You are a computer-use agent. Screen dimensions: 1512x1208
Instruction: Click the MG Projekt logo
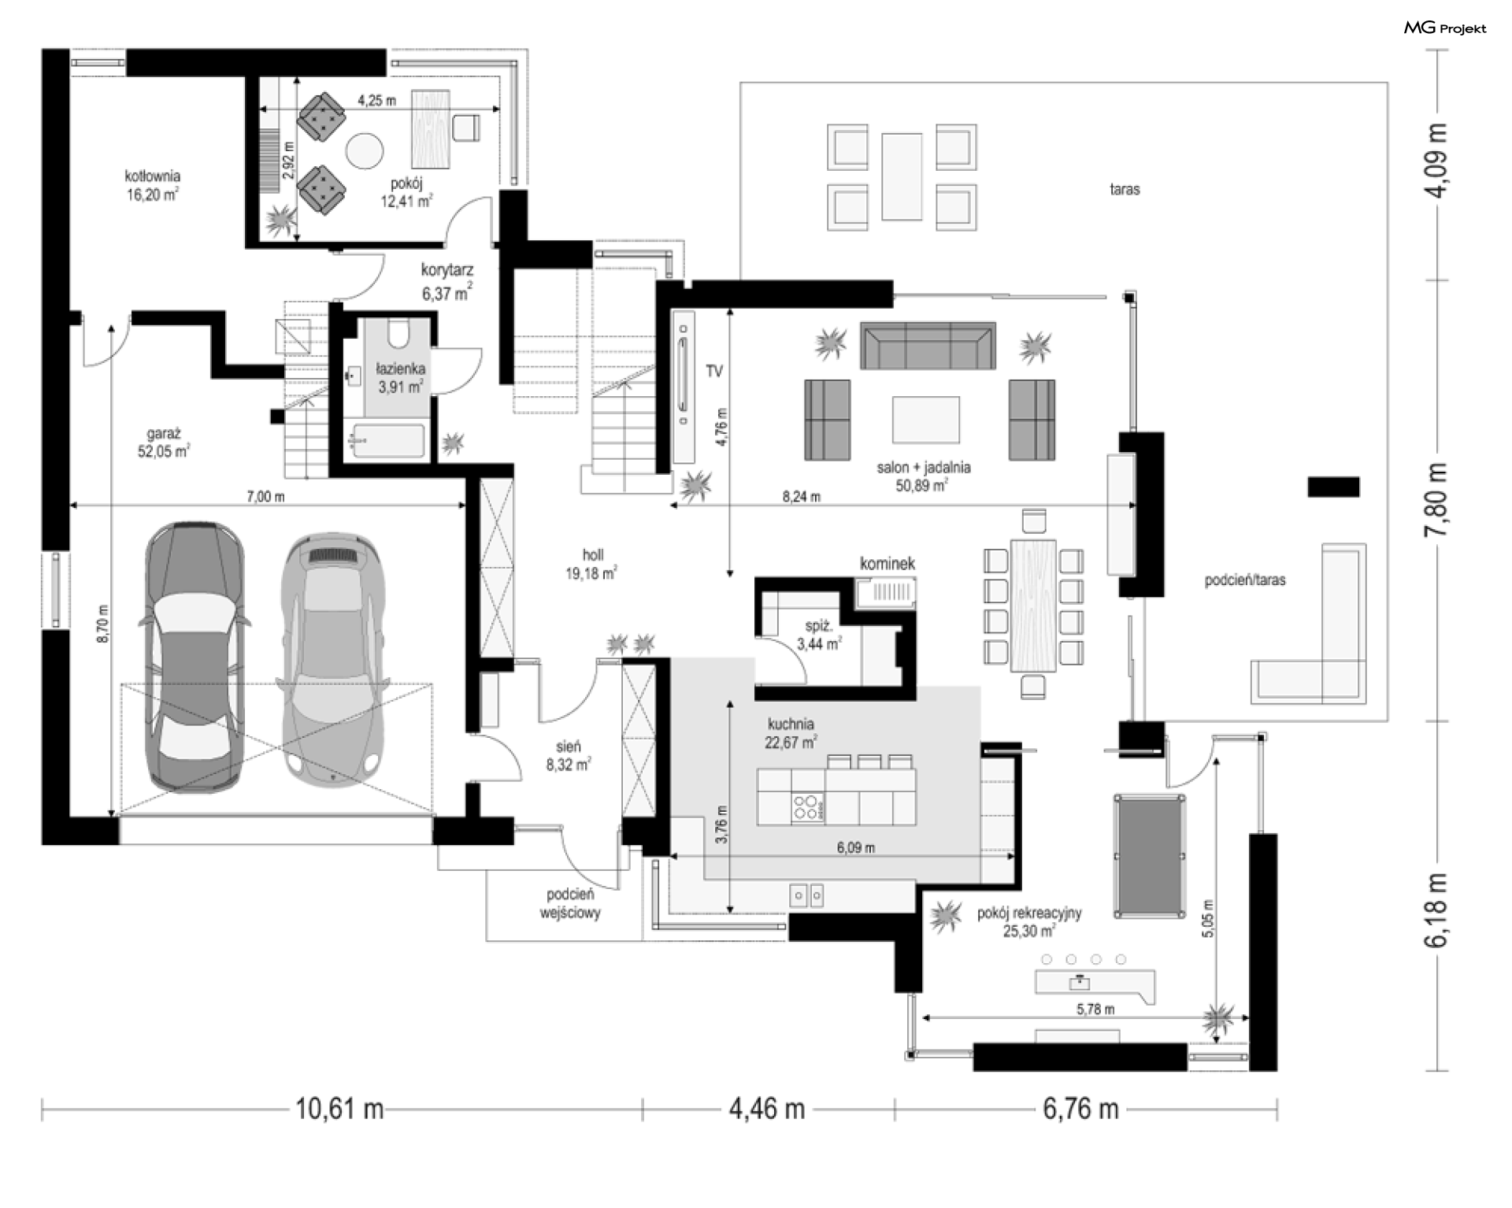tap(1446, 28)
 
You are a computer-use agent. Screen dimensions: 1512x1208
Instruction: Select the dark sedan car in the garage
tap(194, 656)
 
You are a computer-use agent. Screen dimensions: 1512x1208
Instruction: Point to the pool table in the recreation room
tap(1150, 856)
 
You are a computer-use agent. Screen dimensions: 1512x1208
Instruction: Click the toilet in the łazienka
tap(399, 332)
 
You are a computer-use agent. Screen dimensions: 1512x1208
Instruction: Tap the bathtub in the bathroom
tap(387, 441)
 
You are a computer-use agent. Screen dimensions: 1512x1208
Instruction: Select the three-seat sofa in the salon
tap(928, 345)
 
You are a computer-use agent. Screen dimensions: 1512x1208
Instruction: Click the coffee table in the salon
tap(925, 420)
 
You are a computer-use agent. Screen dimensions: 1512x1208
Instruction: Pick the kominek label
tap(888, 563)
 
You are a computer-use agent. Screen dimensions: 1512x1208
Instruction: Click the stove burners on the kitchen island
tap(805, 808)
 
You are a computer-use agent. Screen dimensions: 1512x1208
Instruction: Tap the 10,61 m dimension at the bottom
tap(339, 1110)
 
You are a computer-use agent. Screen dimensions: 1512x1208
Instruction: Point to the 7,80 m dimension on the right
tap(1436, 500)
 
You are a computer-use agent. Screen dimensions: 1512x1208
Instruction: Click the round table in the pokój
tap(365, 150)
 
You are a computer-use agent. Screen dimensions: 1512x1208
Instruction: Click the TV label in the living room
tap(714, 371)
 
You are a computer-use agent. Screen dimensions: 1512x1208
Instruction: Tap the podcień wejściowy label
tap(570, 904)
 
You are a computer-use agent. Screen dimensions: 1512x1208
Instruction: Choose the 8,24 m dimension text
tap(802, 497)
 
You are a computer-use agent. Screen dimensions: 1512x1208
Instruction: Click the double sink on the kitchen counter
tap(807, 895)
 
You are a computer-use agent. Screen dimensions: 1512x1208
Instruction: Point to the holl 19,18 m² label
tap(591, 565)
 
